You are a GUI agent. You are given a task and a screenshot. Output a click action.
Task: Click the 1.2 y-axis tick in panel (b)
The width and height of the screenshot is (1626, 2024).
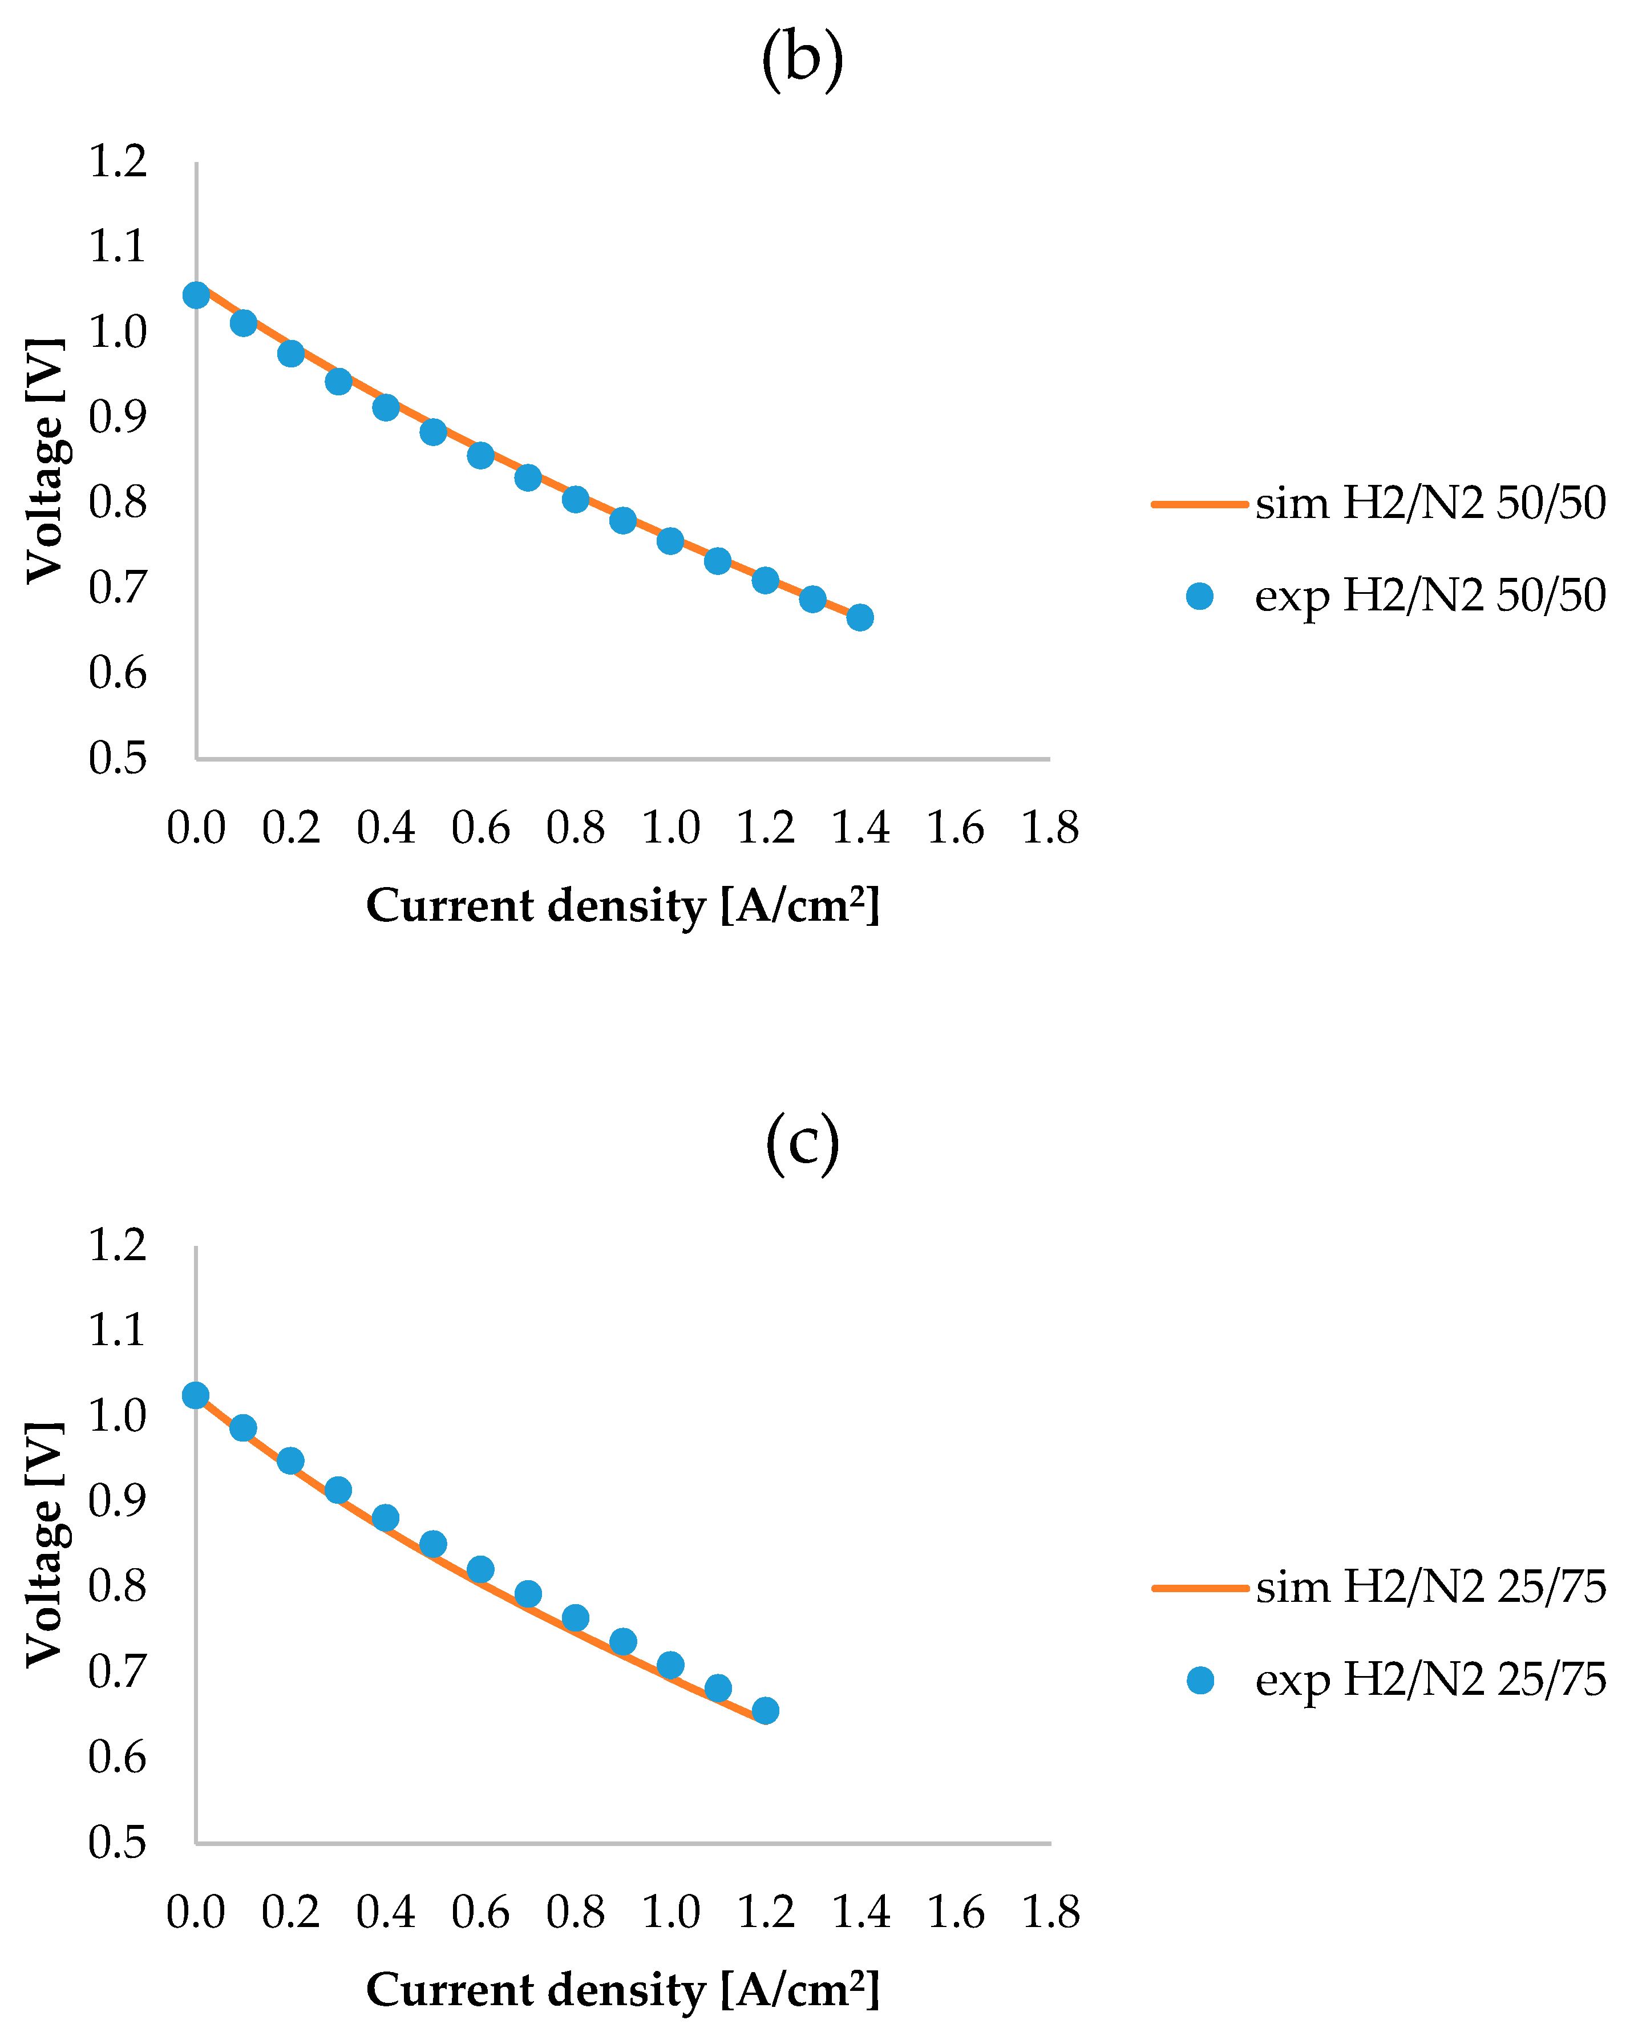118,161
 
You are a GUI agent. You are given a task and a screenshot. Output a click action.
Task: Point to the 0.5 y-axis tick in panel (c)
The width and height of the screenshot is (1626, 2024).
118,1842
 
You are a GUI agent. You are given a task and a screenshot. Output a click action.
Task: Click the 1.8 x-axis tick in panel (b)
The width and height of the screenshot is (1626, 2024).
1050,828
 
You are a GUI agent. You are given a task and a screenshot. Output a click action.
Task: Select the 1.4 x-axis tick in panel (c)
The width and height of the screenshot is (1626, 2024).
860,1912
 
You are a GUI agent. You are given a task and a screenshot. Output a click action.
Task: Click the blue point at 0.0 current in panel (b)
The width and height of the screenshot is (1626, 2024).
195,295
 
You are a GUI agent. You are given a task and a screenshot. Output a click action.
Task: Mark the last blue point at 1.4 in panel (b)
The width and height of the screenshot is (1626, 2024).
860,618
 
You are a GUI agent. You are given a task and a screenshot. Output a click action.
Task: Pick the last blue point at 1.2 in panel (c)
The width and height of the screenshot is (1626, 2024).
765,1710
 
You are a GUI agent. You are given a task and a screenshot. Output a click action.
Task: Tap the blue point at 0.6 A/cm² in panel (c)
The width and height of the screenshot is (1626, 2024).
480,1570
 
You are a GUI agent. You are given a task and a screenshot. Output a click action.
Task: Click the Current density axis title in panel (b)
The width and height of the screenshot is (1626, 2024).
622,906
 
